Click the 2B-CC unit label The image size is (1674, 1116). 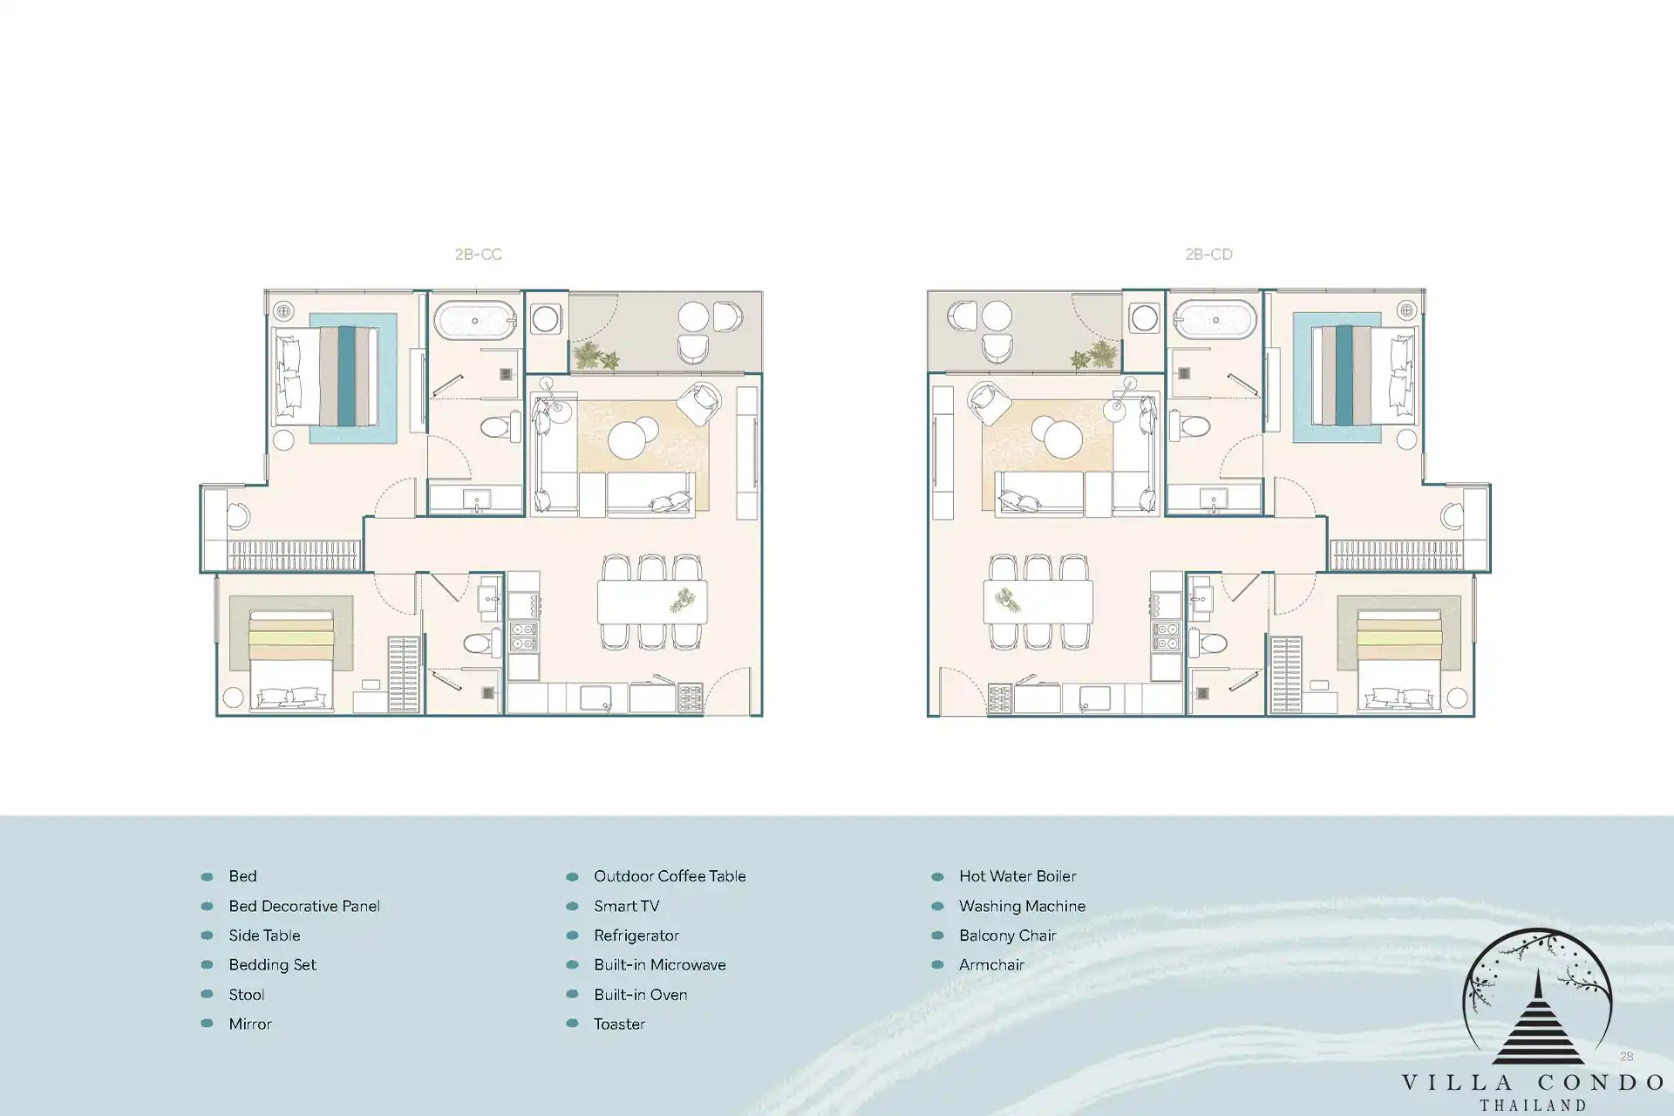(479, 255)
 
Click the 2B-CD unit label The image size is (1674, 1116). (1208, 255)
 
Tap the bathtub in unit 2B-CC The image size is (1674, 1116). (475, 321)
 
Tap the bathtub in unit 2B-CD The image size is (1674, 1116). (1215, 321)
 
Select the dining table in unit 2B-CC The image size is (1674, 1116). (652, 602)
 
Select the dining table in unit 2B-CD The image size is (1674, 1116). (1038, 602)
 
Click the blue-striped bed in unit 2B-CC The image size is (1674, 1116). (328, 377)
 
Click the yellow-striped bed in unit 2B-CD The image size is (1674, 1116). (1398, 659)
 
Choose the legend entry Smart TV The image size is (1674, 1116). (626, 906)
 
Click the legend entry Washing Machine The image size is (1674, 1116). (1022, 906)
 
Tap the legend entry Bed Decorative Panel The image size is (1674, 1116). (304, 906)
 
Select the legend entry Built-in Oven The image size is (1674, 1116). (640, 995)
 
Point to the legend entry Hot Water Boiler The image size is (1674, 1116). (1017, 876)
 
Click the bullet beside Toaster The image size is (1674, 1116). (572, 1024)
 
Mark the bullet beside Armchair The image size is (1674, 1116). (937, 965)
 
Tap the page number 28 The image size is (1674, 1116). (1626, 1057)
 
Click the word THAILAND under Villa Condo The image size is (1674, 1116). (1533, 1106)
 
